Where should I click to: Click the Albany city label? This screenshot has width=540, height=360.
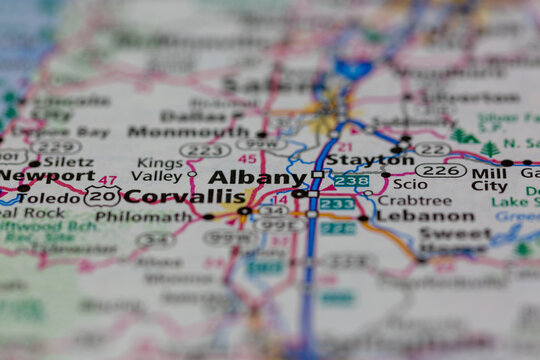point(250,177)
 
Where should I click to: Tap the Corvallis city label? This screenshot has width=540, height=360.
point(186,196)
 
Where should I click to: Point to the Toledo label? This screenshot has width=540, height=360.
point(48,198)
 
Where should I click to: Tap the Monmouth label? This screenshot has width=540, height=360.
point(188,131)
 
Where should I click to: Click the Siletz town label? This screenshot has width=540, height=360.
point(67,161)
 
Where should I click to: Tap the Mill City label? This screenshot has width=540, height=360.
point(489,178)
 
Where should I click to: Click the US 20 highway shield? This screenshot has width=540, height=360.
point(102,196)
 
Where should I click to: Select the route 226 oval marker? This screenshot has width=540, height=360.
point(440,170)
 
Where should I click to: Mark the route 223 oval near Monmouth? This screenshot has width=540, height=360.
point(205,150)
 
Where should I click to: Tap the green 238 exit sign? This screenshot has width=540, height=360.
point(351,181)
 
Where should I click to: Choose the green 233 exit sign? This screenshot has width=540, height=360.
point(337,204)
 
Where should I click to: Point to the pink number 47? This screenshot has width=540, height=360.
point(108,180)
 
